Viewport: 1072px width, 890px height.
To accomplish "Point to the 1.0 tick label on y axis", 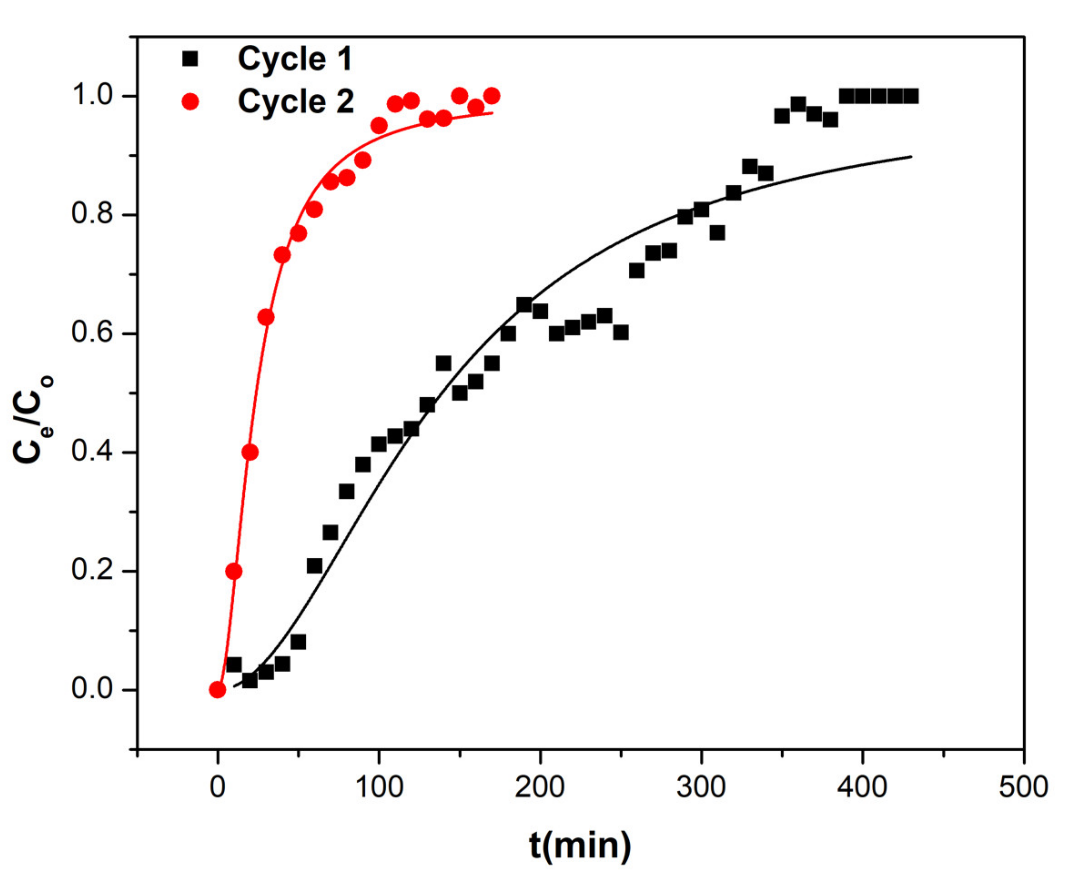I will (x=92, y=95).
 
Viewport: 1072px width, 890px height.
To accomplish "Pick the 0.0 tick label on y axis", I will (x=92, y=689).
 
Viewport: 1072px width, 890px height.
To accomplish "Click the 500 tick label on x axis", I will (x=1023, y=788).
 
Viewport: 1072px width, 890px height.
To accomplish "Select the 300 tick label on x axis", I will (x=701, y=788).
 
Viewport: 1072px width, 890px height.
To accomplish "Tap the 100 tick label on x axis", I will (x=379, y=788).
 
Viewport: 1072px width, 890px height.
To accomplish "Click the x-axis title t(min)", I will (x=580, y=846).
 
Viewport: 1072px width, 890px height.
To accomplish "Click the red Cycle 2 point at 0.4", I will (x=250, y=452).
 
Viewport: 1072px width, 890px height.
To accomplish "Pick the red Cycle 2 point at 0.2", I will (x=234, y=571).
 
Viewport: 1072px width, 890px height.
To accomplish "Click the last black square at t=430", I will (x=911, y=96).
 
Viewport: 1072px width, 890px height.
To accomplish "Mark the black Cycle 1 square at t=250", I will (x=621, y=333).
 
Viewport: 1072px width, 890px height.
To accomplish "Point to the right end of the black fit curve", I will (x=911, y=156).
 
